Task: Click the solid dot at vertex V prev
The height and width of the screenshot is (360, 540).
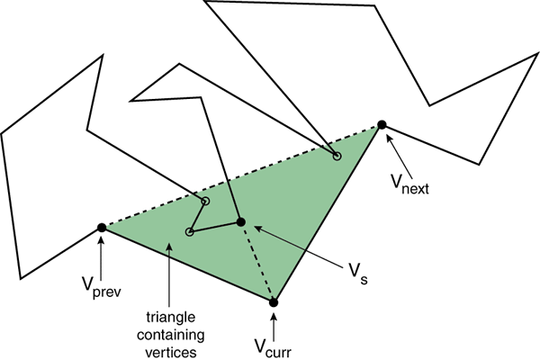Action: (101, 228)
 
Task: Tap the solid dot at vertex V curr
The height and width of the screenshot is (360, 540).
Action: (274, 303)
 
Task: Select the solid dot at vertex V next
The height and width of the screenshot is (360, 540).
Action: (382, 124)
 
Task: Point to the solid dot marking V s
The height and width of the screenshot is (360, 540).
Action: (240, 221)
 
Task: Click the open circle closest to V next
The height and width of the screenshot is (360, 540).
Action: (337, 157)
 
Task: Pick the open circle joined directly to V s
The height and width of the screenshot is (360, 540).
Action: (189, 232)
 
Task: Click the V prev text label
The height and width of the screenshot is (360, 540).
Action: (103, 292)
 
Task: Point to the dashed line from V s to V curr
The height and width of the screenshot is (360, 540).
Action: (257, 263)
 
